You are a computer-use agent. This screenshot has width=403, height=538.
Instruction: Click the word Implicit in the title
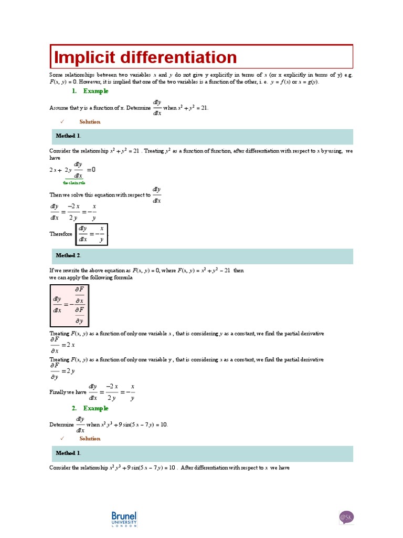pos(83,57)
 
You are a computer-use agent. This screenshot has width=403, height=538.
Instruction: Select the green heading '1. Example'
pos(90,91)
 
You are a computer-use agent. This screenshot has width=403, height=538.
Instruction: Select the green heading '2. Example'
pos(90,408)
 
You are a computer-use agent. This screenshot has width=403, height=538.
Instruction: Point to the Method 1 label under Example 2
pos(68,453)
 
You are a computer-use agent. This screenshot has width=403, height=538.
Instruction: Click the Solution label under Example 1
pos(90,122)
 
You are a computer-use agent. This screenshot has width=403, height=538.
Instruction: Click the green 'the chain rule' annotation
pos(74,183)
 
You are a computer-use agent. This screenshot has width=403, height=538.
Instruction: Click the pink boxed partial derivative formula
pos(69,306)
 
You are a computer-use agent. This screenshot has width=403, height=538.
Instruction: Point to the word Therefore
pos(61,234)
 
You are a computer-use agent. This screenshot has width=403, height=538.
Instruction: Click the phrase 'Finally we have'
pos(68,392)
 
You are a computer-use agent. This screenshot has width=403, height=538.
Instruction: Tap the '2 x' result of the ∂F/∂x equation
pos(69,345)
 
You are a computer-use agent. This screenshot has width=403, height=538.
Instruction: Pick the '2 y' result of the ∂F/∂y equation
pos(69,371)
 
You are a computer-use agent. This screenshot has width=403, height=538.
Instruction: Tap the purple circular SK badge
pos(347,517)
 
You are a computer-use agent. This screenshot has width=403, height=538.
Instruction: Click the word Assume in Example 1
pos(58,108)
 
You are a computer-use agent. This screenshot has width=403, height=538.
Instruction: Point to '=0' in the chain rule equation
pos(91,170)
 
